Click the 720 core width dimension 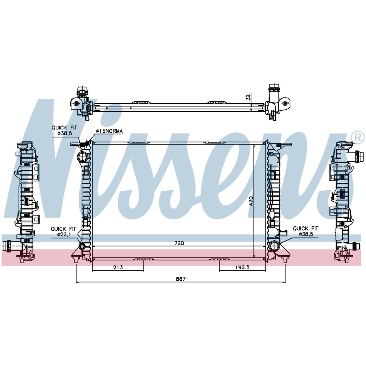click(x=179, y=243)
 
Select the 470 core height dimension click(x=251, y=201)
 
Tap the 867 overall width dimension click(x=181, y=279)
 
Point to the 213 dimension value click(x=118, y=267)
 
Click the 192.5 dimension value click(x=242, y=267)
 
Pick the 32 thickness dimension click(x=248, y=97)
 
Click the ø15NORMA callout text click(x=109, y=131)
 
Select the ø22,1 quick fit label click(x=64, y=234)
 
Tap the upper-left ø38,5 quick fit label click(x=64, y=134)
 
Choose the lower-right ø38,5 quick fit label click(x=306, y=234)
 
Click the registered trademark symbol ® click(x=359, y=138)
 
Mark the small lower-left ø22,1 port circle click(x=82, y=246)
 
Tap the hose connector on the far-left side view click(x=7, y=246)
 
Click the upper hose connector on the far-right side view click(x=358, y=156)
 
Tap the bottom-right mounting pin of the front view click(x=285, y=259)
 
